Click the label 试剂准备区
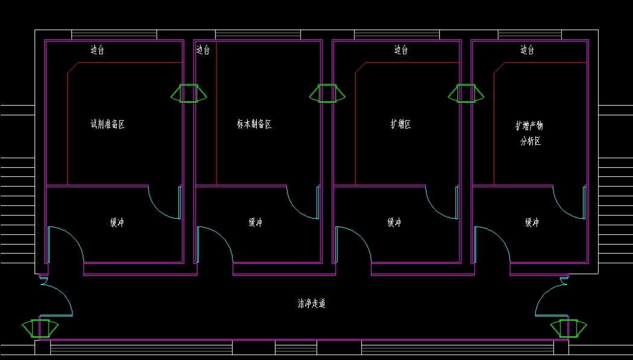108,124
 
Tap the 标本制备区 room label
254,124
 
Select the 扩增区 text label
400,124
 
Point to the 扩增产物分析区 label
529,133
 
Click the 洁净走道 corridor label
312,304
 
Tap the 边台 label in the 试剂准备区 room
97,50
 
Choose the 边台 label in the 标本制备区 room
203,50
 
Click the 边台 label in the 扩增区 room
401,50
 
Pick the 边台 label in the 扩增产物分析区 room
527,50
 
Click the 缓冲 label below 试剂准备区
117,223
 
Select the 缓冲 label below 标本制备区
255,223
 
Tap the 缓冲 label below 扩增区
394,223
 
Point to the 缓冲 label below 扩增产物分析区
532,223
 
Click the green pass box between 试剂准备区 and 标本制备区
189,93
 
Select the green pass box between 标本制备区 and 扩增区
327,93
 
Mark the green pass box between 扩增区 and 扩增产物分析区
466,93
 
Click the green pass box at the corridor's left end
40,328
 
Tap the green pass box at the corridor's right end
568,328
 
